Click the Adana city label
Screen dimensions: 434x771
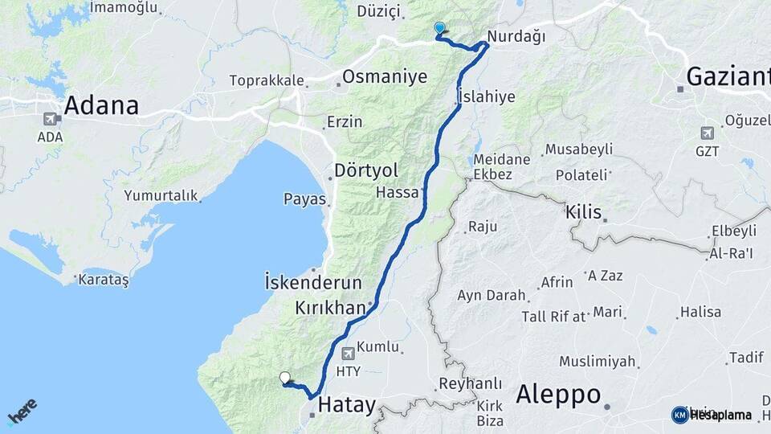point(101,105)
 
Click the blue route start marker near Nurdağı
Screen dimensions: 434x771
point(439,29)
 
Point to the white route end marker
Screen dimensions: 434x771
point(285,377)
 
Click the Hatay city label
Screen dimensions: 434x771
point(346,406)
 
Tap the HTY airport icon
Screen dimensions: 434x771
point(348,353)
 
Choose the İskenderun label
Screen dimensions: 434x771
point(314,283)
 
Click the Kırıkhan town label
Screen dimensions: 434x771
point(331,308)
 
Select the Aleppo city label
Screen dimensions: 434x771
point(558,395)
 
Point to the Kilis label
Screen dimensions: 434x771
point(583,213)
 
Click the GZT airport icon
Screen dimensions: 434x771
point(707,133)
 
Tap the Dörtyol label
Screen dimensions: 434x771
point(366,171)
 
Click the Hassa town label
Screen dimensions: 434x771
point(397,193)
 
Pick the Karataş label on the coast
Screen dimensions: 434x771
point(101,280)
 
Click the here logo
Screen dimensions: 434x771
point(22,411)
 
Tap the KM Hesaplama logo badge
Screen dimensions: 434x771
point(679,415)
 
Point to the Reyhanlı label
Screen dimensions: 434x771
point(471,384)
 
